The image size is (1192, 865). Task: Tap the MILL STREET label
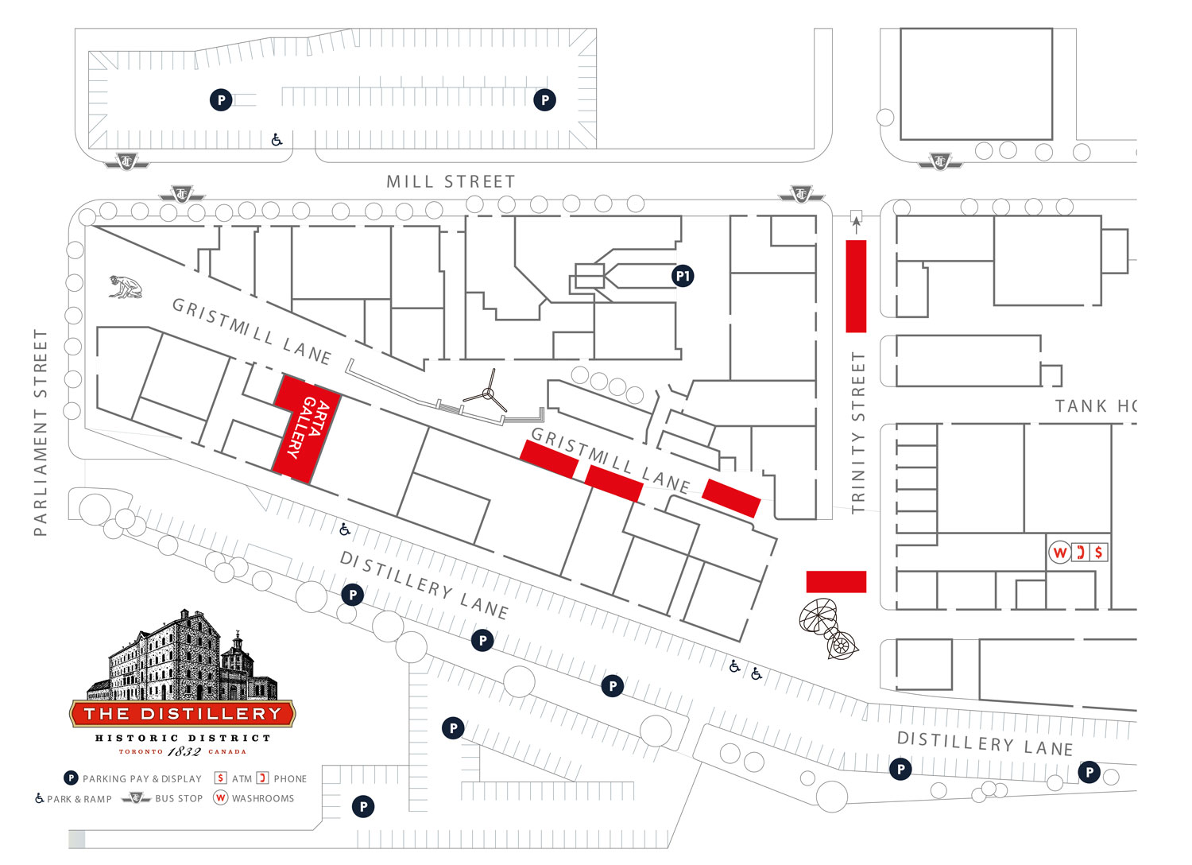(x=451, y=182)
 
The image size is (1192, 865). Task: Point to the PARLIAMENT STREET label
(x=41, y=432)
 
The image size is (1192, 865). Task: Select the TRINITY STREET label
(x=857, y=432)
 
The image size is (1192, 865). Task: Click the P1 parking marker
(x=683, y=276)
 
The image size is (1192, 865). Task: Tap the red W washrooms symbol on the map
(x=1059, y=553)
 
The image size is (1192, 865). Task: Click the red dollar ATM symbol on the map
(x=1098, y=552)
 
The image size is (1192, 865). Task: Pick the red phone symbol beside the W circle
(x=1080, y=552)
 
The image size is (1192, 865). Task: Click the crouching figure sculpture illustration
(x=126, y=288)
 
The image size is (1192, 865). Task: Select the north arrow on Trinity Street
(x=856, y=223)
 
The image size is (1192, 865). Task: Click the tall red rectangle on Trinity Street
(x=856, y=286)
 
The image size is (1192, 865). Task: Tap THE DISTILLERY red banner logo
(x=183, y=714)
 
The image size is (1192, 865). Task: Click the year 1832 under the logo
(x=184, y=751)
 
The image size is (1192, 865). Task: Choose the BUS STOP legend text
(x=179, y=798)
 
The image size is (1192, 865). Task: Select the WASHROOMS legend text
(x=263, y=798)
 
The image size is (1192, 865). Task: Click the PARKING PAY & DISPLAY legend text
(x=142, y=779)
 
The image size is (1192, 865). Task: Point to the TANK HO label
(x=1096, y=407)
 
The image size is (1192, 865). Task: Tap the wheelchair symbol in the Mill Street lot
(x=277, y=139)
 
